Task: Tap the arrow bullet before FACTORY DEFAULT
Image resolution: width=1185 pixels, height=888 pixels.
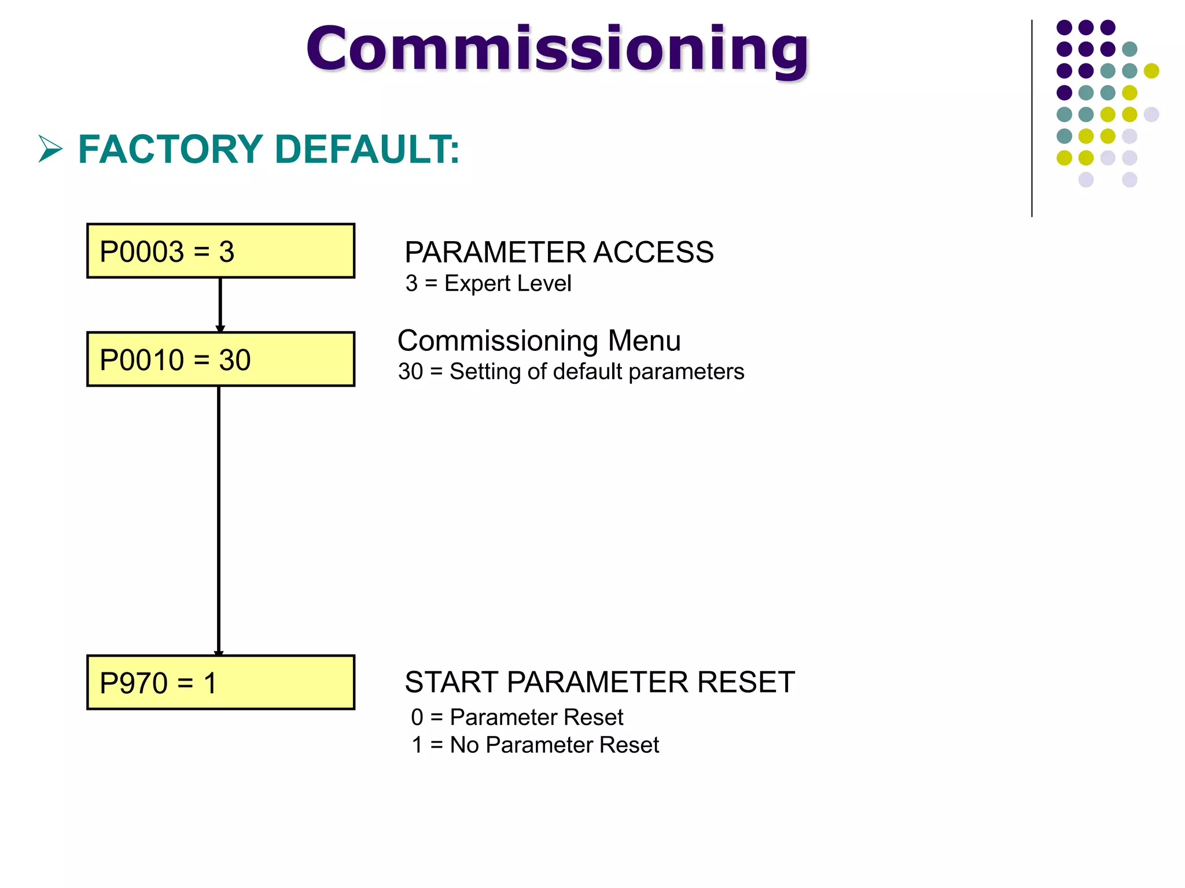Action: click(50, 149)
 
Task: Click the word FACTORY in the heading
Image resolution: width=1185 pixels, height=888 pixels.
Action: click(171, 149)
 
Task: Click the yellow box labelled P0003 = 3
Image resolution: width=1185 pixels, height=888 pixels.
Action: click(220, 251)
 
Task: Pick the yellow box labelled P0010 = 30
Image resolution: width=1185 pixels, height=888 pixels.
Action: click(220, 359)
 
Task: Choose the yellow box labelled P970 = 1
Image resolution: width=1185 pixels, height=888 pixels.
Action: click(220, 682)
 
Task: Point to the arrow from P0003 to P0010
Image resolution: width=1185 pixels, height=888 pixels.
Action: click(220, 305)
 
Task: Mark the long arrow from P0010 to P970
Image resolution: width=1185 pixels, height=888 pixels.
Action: click(219, 520)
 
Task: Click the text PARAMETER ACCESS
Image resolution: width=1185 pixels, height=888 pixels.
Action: click(559, 252)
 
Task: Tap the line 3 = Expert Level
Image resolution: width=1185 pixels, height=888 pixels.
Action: click(488, 283)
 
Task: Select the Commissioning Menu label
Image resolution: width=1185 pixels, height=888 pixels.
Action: click(539, 341)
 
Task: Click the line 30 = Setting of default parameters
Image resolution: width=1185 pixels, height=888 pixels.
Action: click(571, 371)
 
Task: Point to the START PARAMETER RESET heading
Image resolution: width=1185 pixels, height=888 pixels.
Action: click(599, 682)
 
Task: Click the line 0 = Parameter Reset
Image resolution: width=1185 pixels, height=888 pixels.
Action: click(517, 717)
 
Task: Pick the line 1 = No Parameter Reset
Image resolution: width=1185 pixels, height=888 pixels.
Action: click(535, 745)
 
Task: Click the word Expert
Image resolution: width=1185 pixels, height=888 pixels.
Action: click(477, 283)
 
